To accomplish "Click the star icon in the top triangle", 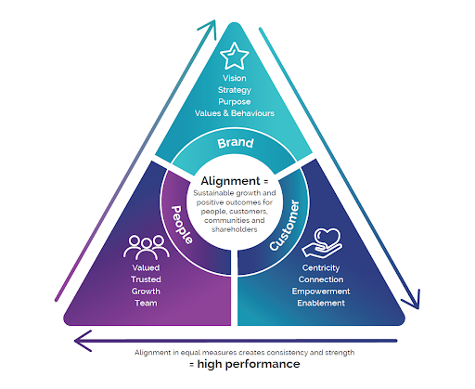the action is pyautogui.click(x=234, y=56).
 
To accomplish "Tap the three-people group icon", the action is pyautogui.click(x=147, y=247).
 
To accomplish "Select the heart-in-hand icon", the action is pyautogui.click(x=322, y=243).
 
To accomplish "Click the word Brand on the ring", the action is pyautogui.click(x=236, y=143).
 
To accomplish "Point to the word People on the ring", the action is pyautogui.click(x=182, y=225).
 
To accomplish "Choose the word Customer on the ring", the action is pyautogui.click(x=285, y=226).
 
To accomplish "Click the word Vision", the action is pyautogui.click(x=235, y=78).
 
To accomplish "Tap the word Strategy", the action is pyautogui.click(x=235, y=90).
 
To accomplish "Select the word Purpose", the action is pyautogui.click(x=235, y=102).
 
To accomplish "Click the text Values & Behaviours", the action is pyautogui.click(x=235, y=113).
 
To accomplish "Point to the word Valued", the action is pyautogui.click(x=146, y=267).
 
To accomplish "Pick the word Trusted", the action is pyautogui.click(x=146, y=279).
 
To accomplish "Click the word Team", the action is pyautogui.click(x=146, y=303).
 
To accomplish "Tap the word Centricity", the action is pyautogui.click(x=321, y=267).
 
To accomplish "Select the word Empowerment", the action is pyautogui.click(x=321, y=292).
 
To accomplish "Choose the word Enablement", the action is pyautogui.click(x=321, y=303).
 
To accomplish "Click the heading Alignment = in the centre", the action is pyautogui.click(x=235, y=181).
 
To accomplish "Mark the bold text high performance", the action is pyautogui.click(x=249, y=364).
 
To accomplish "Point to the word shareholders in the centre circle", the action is pyautogui.click(x=235, y=229).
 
